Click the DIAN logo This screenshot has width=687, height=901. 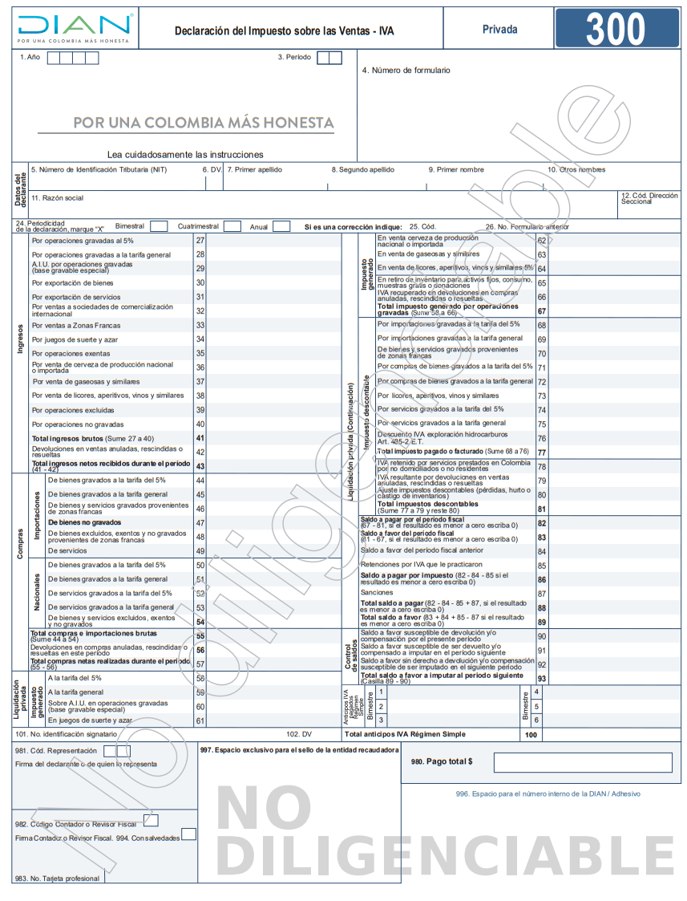[74, 28]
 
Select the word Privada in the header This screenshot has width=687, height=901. [499, 30]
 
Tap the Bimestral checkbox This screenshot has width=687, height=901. [159, 226]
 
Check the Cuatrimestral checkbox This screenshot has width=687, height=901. [232, 226]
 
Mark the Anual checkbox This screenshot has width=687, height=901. [281, 226]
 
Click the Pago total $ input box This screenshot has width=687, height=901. [582, 762]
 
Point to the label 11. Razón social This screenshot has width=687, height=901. [57, 197]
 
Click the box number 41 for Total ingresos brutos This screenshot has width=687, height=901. [200, 438]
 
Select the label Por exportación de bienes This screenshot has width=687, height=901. [72, 282]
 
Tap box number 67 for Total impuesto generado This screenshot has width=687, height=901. [542, 311]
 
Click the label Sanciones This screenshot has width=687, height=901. [377, 592]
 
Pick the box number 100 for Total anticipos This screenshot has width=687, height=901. [530, 734]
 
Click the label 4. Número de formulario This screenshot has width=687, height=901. [406, 71]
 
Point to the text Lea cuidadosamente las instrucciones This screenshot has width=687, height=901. [185, 154]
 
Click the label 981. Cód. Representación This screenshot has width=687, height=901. [55, 751]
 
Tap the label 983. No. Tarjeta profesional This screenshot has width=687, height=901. [57, 879]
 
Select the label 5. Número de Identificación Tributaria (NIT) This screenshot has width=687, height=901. [99, 169]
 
